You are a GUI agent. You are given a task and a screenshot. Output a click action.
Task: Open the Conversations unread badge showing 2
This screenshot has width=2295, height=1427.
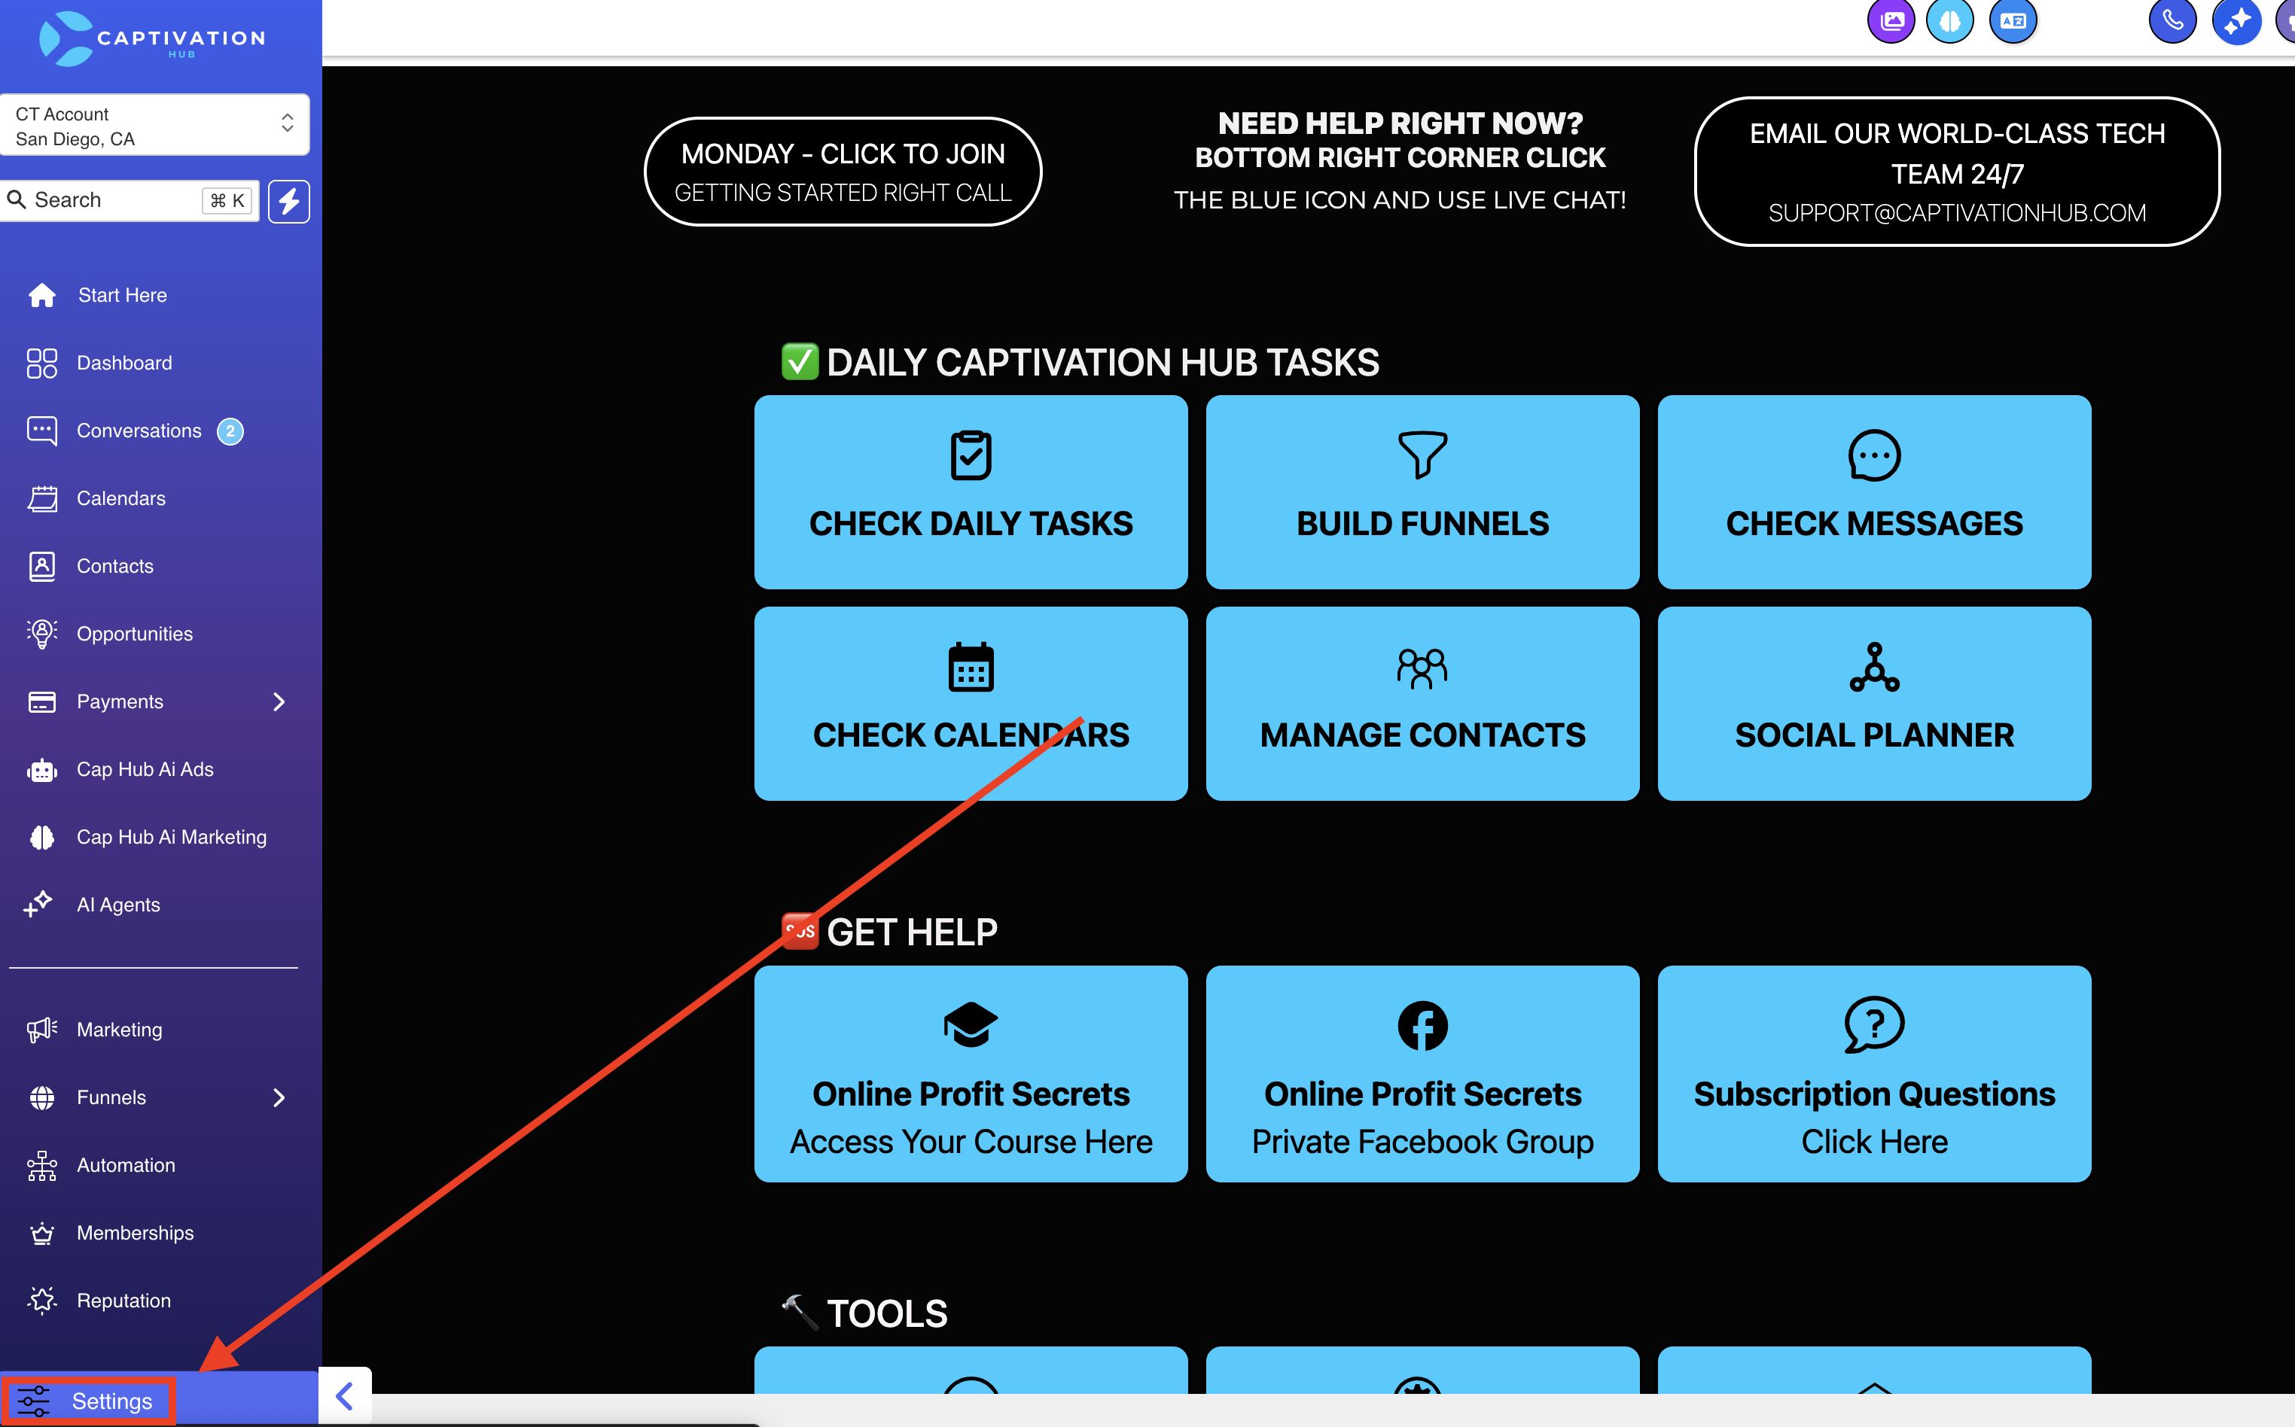click(230, 431)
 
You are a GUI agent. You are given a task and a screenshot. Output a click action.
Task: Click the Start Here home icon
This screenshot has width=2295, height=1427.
click(41, 295)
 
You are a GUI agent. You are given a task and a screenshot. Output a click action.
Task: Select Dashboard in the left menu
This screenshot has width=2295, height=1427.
click(123, 364)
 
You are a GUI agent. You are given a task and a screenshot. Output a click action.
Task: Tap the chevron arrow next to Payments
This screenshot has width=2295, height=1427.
click(279, 702)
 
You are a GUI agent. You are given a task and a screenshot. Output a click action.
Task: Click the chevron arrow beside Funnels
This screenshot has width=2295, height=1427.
click(279, 1097)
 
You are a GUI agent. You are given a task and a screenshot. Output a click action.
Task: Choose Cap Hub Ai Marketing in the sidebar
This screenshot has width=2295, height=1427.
click(171, 837)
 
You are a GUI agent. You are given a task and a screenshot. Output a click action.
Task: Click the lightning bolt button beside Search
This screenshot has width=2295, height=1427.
click(289, 201)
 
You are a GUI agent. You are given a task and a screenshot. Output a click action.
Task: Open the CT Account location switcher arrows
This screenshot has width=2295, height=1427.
click(287, 123)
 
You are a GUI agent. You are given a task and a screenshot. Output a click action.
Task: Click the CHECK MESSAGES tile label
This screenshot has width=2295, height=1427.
click(1874, 524)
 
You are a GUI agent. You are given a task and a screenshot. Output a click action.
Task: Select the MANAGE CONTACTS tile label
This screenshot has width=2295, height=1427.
click(1422, 735)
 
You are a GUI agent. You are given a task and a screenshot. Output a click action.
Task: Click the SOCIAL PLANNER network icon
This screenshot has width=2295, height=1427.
click(1874, 668)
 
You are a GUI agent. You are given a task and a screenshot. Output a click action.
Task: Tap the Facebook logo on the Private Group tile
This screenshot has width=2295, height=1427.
click(1422, 1026)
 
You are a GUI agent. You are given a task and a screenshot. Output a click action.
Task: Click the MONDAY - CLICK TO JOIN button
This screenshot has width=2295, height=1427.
click(843, 172)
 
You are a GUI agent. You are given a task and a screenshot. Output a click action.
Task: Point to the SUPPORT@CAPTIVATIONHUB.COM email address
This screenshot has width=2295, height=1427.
click(1957, 213)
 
